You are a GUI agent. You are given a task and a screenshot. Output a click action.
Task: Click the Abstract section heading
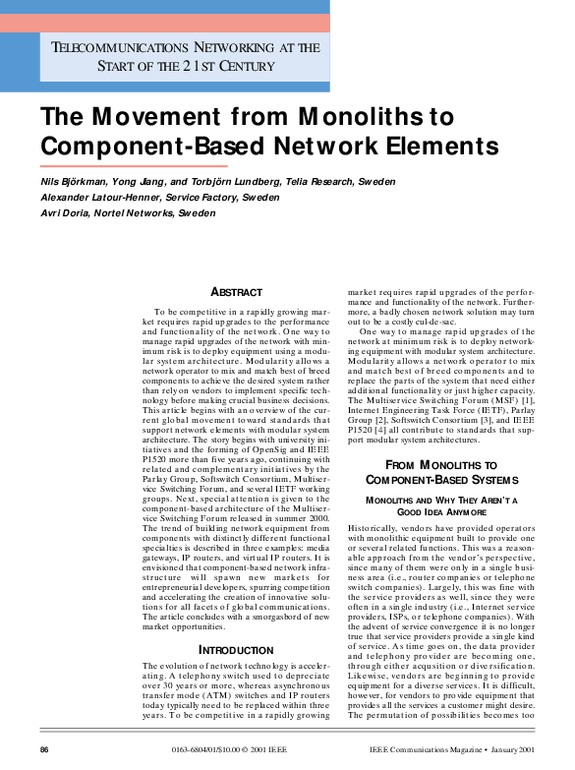click(237, 292)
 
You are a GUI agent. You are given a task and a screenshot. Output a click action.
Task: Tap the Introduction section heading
click(237, 650)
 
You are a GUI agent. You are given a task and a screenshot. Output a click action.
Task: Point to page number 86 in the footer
click(45, 750)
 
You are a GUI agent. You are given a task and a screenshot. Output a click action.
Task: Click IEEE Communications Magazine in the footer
click(426, 750)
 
